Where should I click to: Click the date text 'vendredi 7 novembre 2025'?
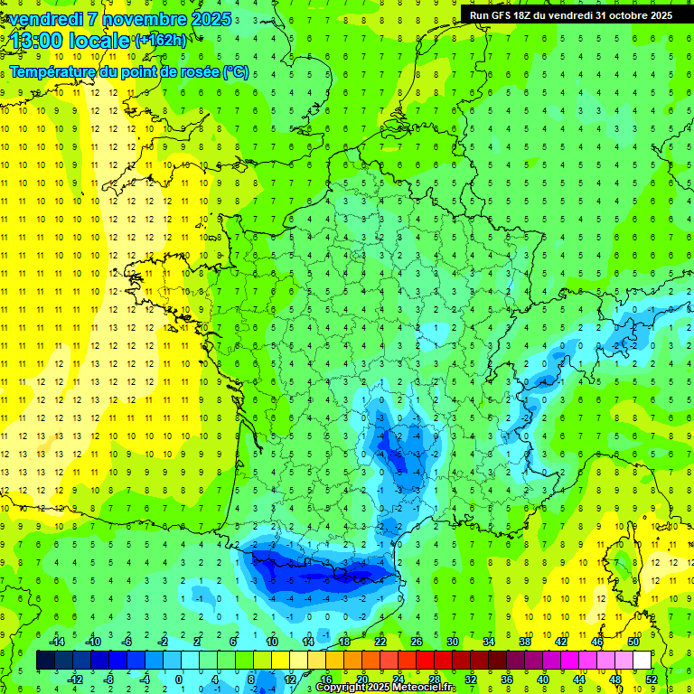pos(121,19)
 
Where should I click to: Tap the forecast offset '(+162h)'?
pos(162,40)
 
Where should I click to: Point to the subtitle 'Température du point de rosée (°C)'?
pos(129,71)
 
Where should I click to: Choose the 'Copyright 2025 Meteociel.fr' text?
pos(386,688)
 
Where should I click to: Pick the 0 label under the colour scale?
pos(178,679)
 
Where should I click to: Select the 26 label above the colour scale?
pos(417,642)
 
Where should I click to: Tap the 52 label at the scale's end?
pos(651,679)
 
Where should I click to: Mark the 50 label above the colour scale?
pos(633,642)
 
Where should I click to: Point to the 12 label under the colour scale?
pos(290,679)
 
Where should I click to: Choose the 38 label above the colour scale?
pos(525,642)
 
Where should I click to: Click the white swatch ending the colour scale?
pos(642,660)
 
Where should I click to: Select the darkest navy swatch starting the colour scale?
pos(45,660)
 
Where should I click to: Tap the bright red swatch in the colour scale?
pos(425,660)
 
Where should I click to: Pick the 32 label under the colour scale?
pos(471,679)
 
